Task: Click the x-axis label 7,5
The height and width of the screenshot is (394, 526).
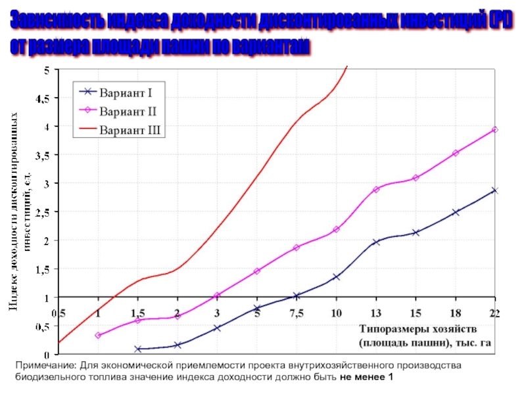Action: (297, 312)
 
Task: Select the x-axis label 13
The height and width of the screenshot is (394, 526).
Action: (376, 312)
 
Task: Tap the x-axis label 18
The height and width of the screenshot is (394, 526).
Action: (455, 312)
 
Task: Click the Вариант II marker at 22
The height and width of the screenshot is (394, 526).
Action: (495, 130)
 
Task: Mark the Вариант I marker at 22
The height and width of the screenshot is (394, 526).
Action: (495, 190)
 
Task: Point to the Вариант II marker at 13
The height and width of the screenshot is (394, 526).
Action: (376, 190)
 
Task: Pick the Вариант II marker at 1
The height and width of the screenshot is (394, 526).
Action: (98, 336)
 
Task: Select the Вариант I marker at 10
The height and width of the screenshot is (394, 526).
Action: (336, 277)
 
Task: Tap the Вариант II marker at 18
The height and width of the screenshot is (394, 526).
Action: (455, 153)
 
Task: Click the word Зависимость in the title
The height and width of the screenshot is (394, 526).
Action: (53, 24)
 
